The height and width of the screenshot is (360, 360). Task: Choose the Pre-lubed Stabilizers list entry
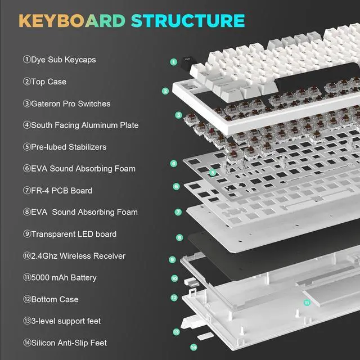64,147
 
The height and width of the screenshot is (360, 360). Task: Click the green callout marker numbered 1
174,62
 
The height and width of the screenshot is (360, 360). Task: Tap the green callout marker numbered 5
212,173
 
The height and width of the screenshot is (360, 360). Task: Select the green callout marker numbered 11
307,302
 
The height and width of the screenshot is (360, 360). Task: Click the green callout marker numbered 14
193,347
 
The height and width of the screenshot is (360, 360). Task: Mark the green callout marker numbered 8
179,238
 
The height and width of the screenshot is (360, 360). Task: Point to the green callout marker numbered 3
178,115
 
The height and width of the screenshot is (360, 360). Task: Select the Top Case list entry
44,82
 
